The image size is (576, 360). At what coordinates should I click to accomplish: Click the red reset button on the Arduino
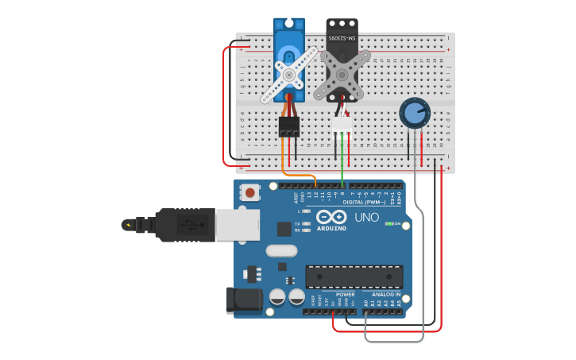pyautogui.click(x=251, y=192)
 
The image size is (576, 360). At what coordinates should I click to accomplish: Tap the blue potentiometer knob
pyautogui.click(x=414, y=113)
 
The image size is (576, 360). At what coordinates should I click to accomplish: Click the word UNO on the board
pyautogui.click(x=366, y=217)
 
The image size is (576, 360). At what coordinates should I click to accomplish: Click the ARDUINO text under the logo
pyautogui.click(x=331, y=228)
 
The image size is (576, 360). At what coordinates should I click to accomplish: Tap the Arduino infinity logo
pyautogui.click(x=331, y=216)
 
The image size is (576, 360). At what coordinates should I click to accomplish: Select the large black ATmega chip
pyautogui.click(x=354, y=277)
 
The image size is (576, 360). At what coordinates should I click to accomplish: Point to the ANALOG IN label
pyautogui.click(x=386, y=294)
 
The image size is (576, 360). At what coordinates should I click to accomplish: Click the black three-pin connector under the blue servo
pyautogui.click(x=288, y=126)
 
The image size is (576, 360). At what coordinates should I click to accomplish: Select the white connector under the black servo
pyautogui.click(x=342, y=124)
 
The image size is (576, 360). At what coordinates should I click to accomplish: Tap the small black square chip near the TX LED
pyautogui.click(x=284, y=229)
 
